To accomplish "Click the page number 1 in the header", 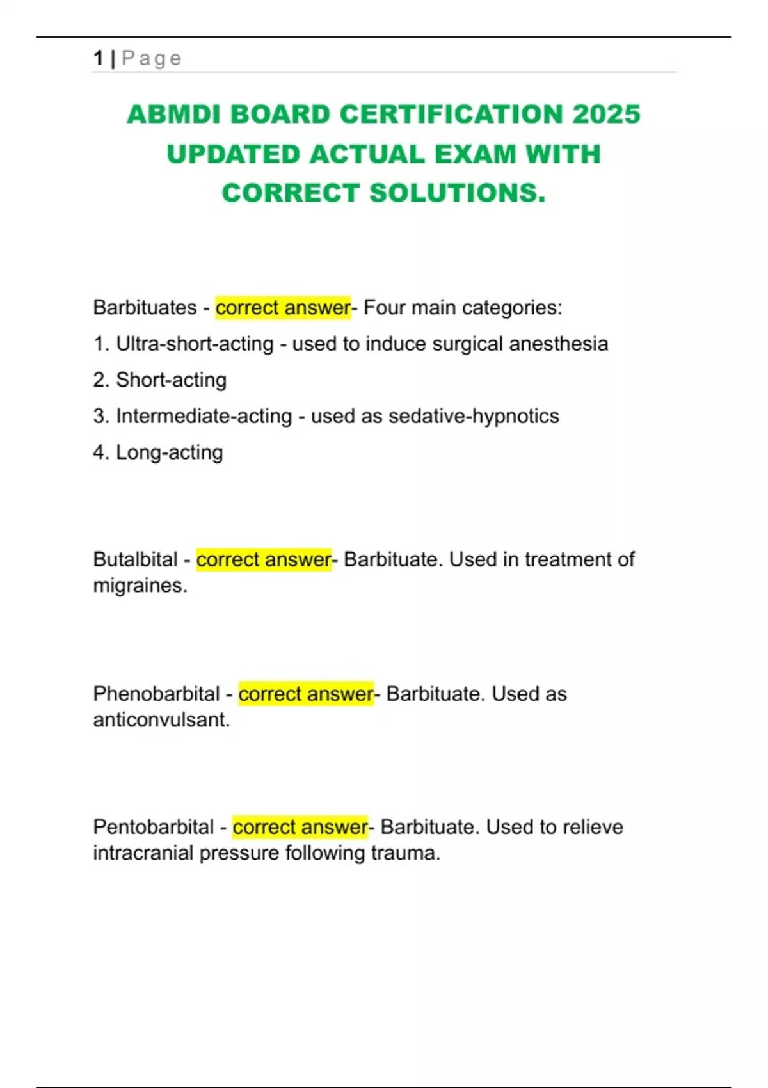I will (98, 58).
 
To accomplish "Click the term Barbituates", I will (145, 308).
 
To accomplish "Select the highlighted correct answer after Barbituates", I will (283, 308).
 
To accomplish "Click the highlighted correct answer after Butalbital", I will (264, 560).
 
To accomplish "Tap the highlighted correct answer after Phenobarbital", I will (306, 694).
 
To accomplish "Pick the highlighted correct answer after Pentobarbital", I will (300, 827).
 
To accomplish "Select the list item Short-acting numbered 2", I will (170, 380).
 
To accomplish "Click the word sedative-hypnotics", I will (474, 417).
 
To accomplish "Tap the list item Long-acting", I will (169, 452).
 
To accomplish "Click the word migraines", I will (140, 586).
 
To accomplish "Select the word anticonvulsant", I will (161, 720).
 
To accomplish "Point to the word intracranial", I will (143, 853).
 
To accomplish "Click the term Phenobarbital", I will (156, 694).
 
